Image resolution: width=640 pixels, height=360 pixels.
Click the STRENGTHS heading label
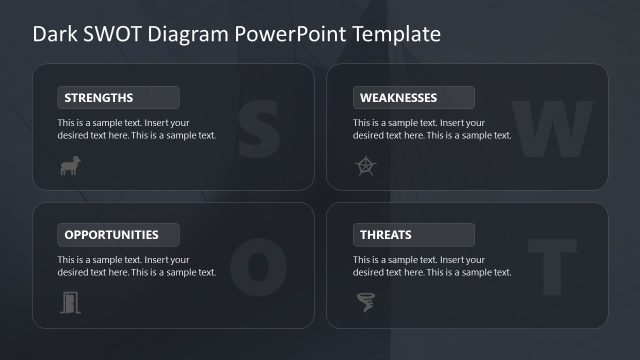98,98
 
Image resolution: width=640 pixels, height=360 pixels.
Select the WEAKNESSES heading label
397,98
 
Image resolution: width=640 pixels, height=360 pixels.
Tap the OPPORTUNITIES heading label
111,236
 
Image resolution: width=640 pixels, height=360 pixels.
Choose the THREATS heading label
384,236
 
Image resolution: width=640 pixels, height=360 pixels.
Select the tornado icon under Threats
365,301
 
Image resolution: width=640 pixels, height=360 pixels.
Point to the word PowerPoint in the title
285,34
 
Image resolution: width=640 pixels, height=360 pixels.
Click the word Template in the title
393,34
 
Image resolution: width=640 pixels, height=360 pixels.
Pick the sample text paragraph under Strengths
136,129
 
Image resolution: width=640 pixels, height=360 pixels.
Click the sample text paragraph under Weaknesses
431,129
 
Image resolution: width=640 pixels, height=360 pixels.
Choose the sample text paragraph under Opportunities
136,266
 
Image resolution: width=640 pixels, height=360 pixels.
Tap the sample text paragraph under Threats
431,266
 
